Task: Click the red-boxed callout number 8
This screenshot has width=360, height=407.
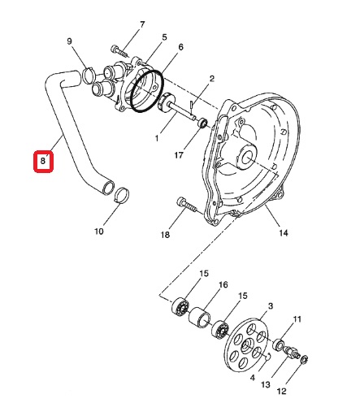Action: [x=43, y=161]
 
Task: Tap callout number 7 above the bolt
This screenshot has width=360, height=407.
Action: [x=142, y=24]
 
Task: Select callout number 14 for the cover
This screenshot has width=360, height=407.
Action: [x=284, y=232]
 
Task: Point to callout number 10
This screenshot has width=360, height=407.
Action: [x=99, y=232]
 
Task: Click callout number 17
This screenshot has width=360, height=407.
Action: [x=179, y=155]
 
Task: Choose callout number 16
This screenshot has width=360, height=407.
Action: [x=223, y=284]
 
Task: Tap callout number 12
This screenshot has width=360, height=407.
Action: [x=282, y=391]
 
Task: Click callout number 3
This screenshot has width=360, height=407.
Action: [x=271, y=306]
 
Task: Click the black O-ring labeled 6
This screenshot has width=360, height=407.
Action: [x=146, y=91]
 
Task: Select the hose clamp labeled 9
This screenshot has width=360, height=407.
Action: [x=88, y=76]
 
